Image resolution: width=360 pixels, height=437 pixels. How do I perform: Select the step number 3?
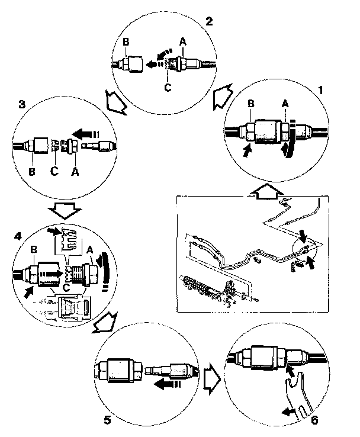coord(21,104)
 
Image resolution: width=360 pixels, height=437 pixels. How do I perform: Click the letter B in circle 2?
coord(126,43)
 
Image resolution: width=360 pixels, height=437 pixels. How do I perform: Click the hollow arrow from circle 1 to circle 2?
coord(222,94)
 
